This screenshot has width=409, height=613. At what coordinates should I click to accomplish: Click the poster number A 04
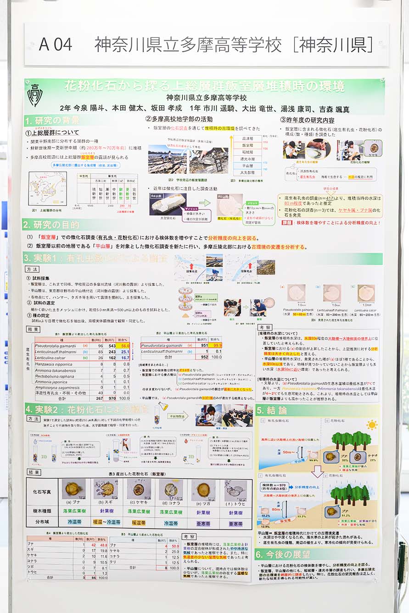pos(56,44)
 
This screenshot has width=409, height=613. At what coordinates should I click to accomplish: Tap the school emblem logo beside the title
pos(35,95)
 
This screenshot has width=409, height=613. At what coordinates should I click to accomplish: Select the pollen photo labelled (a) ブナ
pos(73,490)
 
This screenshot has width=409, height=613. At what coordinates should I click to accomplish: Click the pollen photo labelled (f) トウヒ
pos(235,490)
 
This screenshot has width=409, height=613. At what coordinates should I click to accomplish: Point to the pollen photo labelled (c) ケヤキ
pos(138,490)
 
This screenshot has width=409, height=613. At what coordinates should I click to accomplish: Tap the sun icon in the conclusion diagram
pos(371,425)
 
